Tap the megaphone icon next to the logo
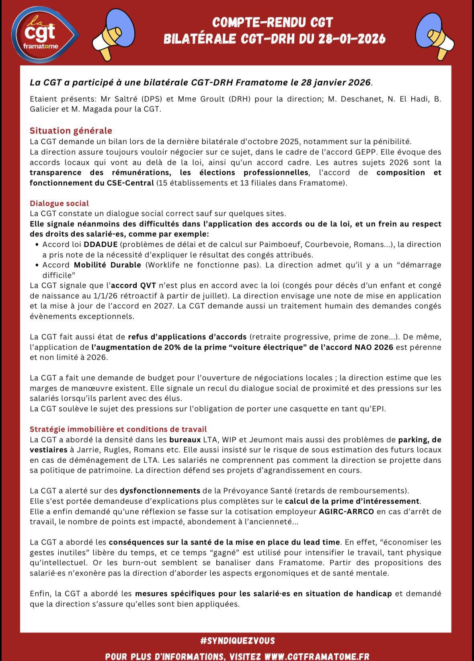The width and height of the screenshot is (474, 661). click(114, 35)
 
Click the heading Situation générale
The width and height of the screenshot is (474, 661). click(71, 131)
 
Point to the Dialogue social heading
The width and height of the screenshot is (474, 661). click(59, 203)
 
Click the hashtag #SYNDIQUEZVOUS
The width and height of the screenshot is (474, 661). click(237, 641)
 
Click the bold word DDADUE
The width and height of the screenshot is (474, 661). click(101, 244)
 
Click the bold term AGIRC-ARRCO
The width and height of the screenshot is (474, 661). click(346, 512)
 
